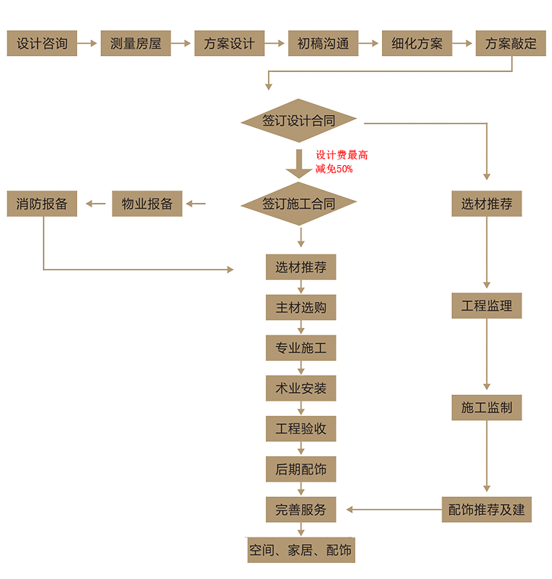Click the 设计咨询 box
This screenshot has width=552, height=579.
pyautogui.click(x=42, y=44)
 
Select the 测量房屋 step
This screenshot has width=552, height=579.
pyautogui.click(x=136, y=44)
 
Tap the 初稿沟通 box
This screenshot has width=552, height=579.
pyautogui.click(x=323, y=44)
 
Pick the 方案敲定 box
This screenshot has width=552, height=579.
pyautogui.click(x=511, y=44)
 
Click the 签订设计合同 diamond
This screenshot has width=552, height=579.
pyautogui.click(x=299, y=121)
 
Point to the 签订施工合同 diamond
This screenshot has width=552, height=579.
pyautogui.click(x=299, y=204)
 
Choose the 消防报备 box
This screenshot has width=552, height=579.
pyautogui.click(x=42, y=204)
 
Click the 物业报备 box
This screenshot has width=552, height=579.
pyautogui.click(x=147, y=204)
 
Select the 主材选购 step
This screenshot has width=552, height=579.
pyautogui.click(x=301, y=308)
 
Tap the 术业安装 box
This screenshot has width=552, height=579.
pyautogui.click(x=301, y=388)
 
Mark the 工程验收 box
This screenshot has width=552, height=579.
pyautogui.click(x=301, y=429)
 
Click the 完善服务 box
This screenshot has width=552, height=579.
pyautogui.click(x=301, y=510)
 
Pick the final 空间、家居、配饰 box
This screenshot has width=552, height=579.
pyautogui.click(x=301, y=550)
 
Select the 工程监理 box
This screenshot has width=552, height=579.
pyautogui.click(x=487, y=306)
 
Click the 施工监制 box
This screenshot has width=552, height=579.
pyautogui.click(x=487, y=407)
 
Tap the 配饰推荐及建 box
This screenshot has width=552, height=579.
pyautogui.click(x=487, y=509)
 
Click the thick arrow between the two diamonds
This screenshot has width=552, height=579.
pyautogui.click(x=299, y=164)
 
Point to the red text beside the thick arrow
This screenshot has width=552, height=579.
pyautogui.click(x=338, y=161)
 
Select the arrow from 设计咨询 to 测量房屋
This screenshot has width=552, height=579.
pyautogui.click(x=88, y=44)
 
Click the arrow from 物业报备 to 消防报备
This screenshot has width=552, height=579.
pyautogui.click(x=95, y=204)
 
